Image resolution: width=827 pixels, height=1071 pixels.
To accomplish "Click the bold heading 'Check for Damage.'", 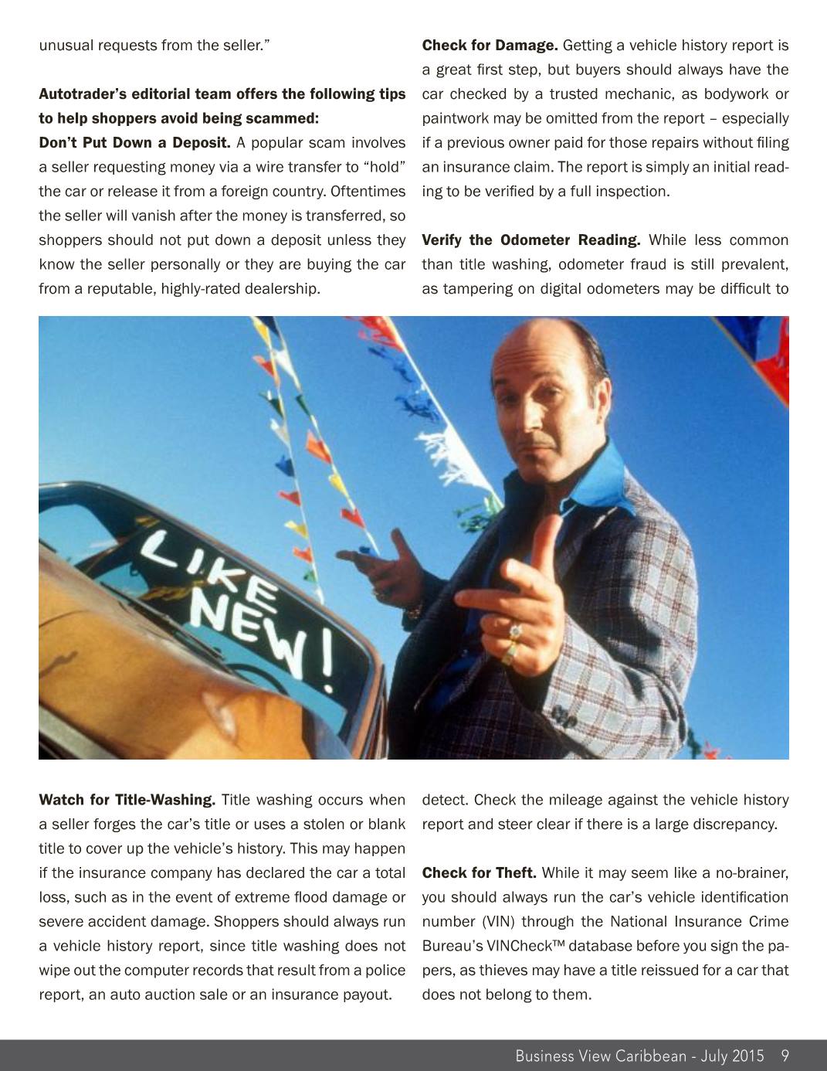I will tap(490, 45).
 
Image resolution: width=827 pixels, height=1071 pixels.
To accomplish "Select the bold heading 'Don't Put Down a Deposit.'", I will tap(134, 143).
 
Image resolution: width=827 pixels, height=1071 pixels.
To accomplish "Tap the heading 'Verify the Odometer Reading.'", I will tap(530, 240).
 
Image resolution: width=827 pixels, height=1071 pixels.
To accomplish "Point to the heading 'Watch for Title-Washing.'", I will tap(127, 800).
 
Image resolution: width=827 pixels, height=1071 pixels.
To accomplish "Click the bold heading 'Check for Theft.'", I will tap(479, 873).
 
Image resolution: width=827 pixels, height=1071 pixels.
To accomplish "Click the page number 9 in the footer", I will tap(785, 1056).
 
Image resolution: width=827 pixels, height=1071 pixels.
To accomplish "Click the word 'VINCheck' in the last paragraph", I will tap(526, 946).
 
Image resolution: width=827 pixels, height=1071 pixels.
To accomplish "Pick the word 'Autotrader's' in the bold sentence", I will tap(83, 94).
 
